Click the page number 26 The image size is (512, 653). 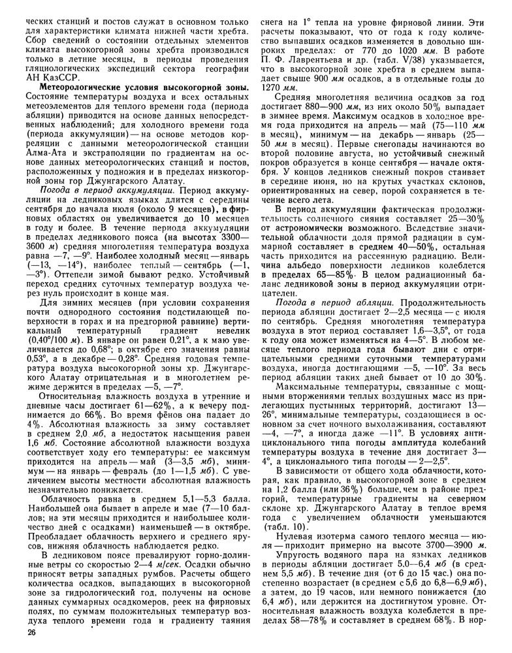[31, 633]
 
